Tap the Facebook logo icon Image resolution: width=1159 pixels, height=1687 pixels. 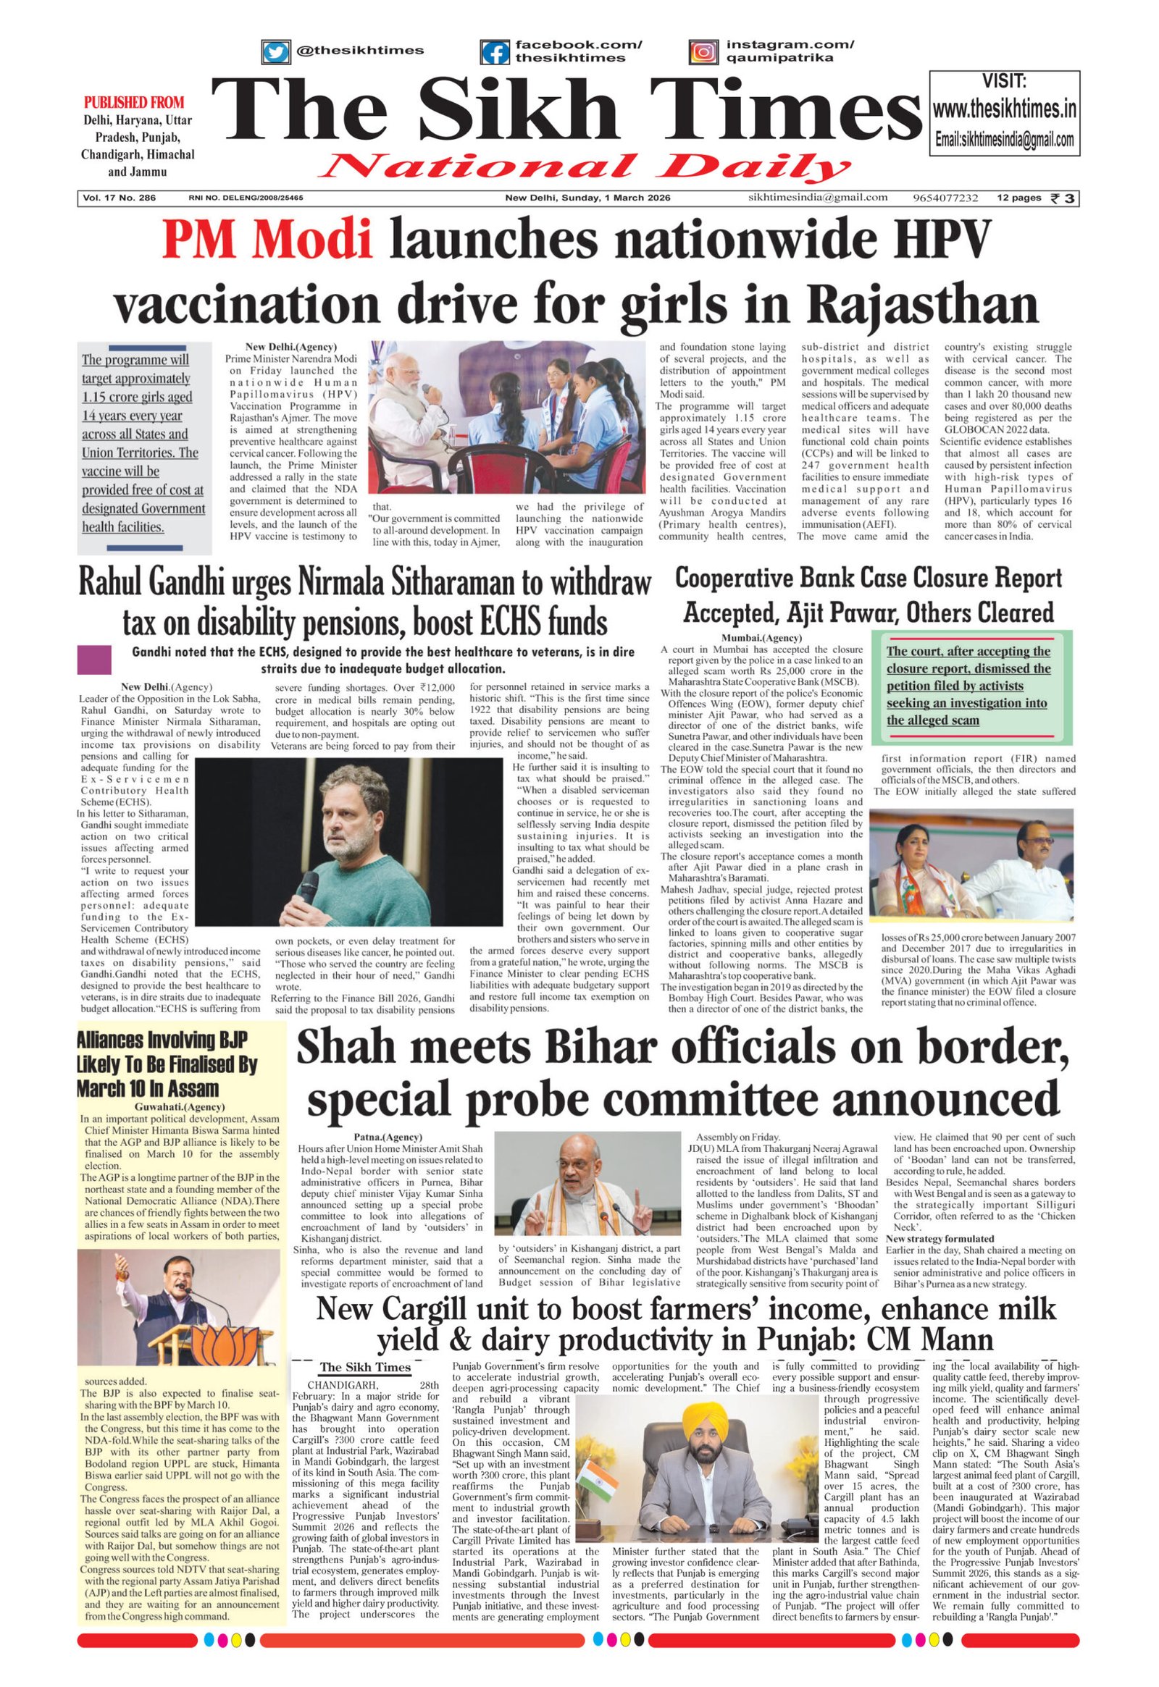click(495, 52)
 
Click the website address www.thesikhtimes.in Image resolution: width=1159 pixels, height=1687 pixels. click(1004, 110)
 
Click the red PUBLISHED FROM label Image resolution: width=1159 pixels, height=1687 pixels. click(134, 102)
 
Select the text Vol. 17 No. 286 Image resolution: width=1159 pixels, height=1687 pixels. click(119, 198)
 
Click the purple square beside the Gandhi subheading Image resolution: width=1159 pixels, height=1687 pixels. click(93, 659)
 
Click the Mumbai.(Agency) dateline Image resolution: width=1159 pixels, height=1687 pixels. click(752, 637)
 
